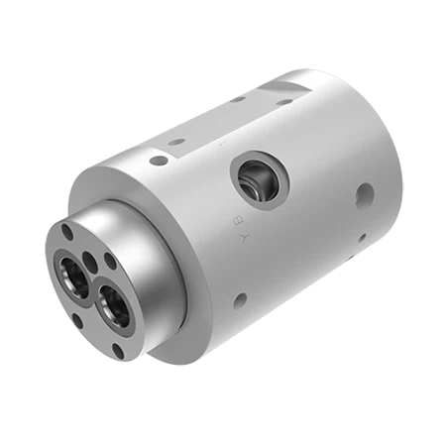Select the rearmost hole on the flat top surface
pos(286,100)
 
